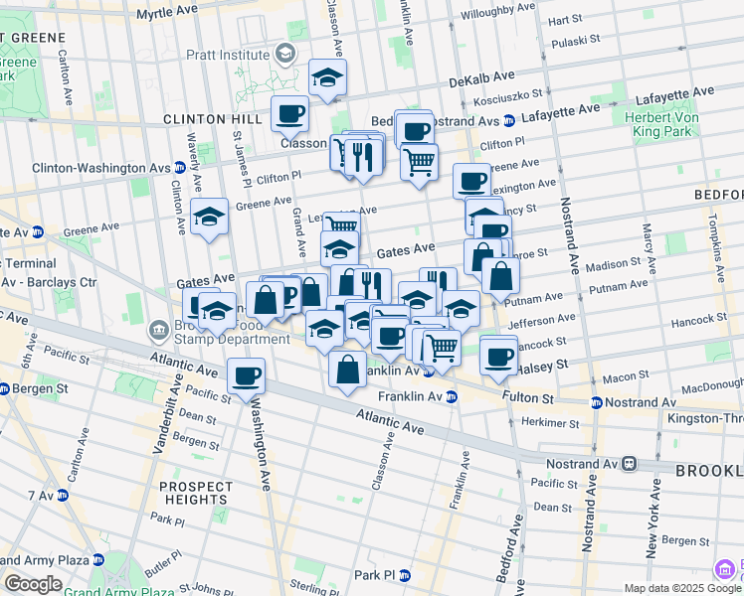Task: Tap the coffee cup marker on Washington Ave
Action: tap(246, 376)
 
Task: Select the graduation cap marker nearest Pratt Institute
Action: tap(326, 78)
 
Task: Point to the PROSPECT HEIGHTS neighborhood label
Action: tap(196, 493)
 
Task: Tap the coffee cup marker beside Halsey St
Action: tap(499, 355)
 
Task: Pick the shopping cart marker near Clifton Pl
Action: tap(420, 160)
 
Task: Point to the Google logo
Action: tap(33, 584)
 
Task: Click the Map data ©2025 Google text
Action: tap(681, 588)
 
